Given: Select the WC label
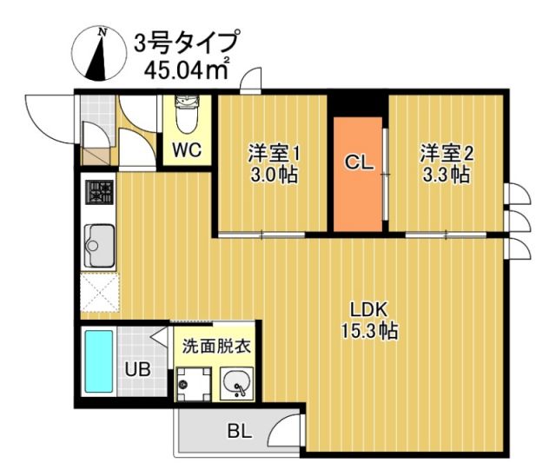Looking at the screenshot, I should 186,149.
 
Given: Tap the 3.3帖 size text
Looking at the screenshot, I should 447,175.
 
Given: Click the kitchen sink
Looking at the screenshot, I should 98,244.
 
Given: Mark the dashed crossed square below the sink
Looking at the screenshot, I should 98,292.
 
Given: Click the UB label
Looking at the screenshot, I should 137,369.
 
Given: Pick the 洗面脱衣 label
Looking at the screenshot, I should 215,345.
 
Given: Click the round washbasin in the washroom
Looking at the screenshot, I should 236,383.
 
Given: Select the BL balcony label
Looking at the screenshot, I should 239,431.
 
